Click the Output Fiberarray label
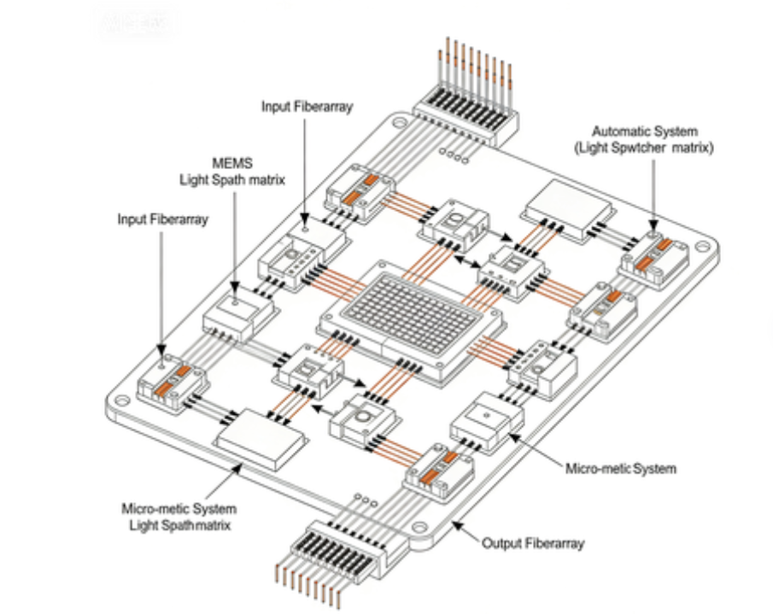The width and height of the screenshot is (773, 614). [533, 543]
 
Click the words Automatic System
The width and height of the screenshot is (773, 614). [645, 132]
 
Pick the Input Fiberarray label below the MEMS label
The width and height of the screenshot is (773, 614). [161, 219]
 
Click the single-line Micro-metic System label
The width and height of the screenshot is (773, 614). [621, 468]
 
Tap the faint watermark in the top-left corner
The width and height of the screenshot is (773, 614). [137, 25]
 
